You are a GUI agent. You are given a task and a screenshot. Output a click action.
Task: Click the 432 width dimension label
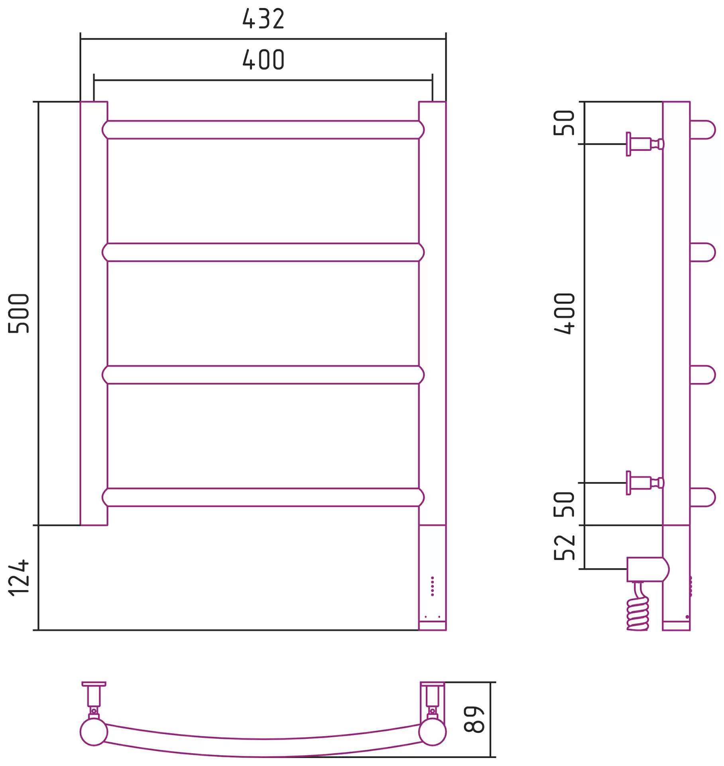click(264, 19)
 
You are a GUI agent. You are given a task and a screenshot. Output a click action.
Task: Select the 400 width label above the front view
click(264, 60)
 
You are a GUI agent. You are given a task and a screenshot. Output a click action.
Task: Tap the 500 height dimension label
click(19, 313)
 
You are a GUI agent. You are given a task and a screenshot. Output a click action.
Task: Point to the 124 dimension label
click(19, 578)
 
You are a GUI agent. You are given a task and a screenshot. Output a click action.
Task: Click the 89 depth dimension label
click(474, 719)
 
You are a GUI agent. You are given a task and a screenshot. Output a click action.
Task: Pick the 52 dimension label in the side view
click(565, 547)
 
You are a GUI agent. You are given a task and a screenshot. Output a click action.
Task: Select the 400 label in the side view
click(565, 313)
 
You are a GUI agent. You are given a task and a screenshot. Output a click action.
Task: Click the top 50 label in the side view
click(565, 122)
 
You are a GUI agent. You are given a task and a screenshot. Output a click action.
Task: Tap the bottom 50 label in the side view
click(565, 504)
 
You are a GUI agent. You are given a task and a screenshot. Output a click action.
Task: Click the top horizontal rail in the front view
click(263, 130)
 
